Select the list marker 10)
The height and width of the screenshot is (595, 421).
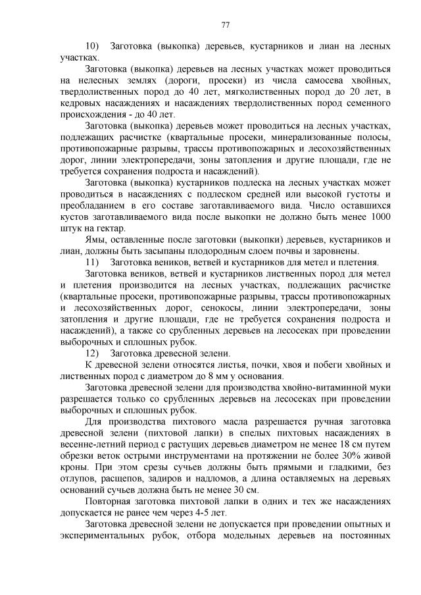point(92,47)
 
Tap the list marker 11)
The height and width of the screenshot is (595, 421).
point(92,263)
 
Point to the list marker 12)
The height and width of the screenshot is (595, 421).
point(92,353)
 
